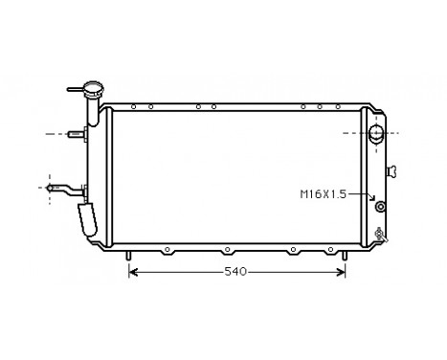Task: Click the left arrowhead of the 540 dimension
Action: point(133,273)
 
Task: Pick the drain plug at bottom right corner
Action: point(381,233)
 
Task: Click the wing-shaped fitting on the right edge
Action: point(393,171)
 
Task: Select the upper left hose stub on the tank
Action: point(78,134)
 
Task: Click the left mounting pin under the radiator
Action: point(127,255)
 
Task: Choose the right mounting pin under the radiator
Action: point(345,255)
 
